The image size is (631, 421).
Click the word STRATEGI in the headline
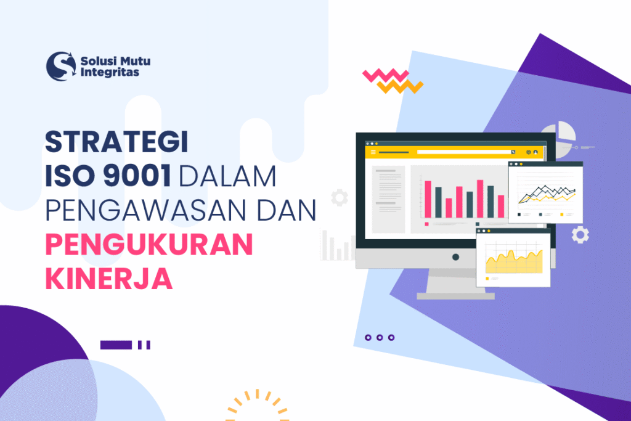(x=116, y=143)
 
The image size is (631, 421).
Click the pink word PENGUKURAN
(x=149, y=245)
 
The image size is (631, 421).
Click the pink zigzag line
(x=386, y=76)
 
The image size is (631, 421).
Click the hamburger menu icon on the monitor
(x=373, y=152)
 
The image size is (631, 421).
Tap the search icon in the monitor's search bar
(x=513, y=152)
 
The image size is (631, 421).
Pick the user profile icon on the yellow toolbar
(x=536, y=152)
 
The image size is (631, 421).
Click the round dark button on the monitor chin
(x=455, y=256)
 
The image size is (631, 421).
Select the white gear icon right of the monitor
(x=580, y=234)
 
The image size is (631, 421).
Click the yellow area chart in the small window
(x=513, y=261)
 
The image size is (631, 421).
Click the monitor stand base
(x=455, y=296)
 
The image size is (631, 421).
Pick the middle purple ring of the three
(x=380, y=337)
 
